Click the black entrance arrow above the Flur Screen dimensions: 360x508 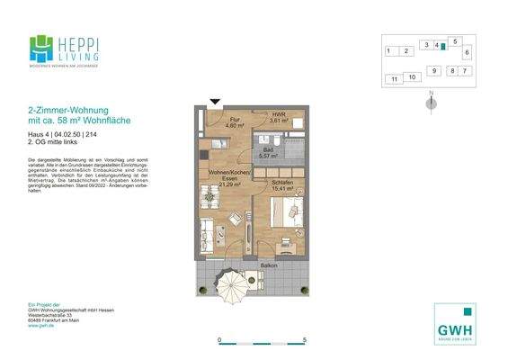tap(214, 103)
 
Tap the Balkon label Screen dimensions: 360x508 tap(269, 265)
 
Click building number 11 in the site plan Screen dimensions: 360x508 tap(394, 80)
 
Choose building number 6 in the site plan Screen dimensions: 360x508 tap(467, 52)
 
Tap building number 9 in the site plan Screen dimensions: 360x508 tap(433, 70)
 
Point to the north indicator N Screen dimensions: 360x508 tap(432, 94)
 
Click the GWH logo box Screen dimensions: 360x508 tap(455, 322)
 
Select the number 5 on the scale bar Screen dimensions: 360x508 tap(307, 340)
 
